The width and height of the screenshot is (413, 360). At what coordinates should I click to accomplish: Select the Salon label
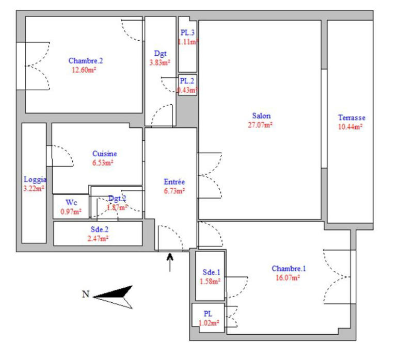pyautogui.click(x=261, y=116)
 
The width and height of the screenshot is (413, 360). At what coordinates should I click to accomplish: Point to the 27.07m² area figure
pyautogui.click(x=262, y=124)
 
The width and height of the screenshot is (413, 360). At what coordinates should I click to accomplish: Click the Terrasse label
pyautogui.click(x=351, y=118)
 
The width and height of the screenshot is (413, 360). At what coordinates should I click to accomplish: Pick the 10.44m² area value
pyautogui.click(x=351, y=126)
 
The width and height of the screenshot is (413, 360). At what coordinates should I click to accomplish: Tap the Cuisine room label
pyautogui.click(x=104, y=154)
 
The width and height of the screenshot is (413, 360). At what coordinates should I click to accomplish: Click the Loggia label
pyautogui.click(x=35, y=180)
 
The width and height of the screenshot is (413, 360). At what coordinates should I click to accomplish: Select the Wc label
pyautogui.click(x=71, y=202)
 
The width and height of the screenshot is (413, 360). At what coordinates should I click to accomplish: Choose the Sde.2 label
pyautogui.click(x=98, y=230)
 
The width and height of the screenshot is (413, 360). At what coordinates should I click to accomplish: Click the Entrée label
pyautogui.click(x=174, y=182)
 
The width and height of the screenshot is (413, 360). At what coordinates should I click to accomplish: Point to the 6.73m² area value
pyautogui.click(x=174, y=190)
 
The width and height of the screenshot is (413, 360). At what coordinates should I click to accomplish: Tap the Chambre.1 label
pyautogui.click(x=289, y=268)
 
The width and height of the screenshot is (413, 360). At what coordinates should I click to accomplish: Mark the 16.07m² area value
pyautogui.click(x=289, y=277)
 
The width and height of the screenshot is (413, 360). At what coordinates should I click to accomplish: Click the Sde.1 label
pyautogui.click(x=211, y=272)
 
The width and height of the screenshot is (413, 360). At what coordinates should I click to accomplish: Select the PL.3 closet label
pyautogui.click(x=187, y=34)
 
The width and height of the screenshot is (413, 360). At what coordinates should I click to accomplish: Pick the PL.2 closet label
pyautogui.click(x=187, y=81)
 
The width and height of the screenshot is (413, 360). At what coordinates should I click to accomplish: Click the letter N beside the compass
pyautogui.click(x=86, y=294)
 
